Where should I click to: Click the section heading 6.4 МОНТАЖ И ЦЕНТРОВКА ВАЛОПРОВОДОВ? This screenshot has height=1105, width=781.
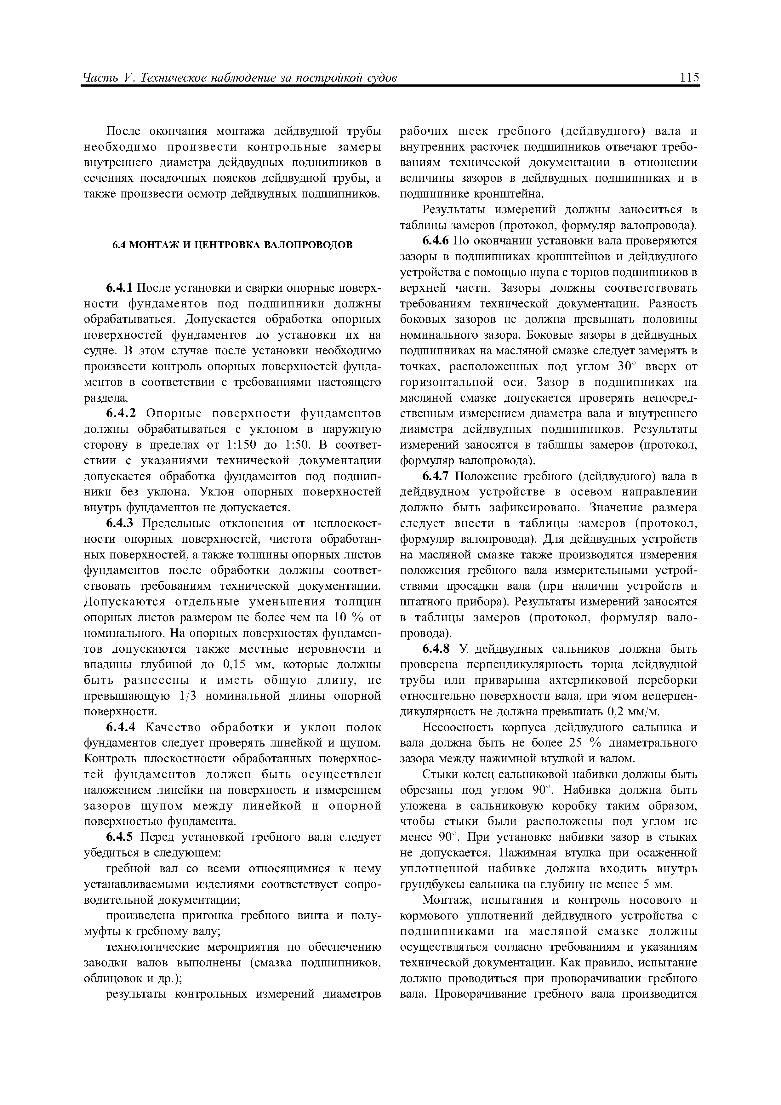click(232, 245)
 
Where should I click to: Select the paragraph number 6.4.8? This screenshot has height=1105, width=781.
click(436, 649)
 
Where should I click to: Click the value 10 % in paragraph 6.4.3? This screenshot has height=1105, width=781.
click(348, 617)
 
